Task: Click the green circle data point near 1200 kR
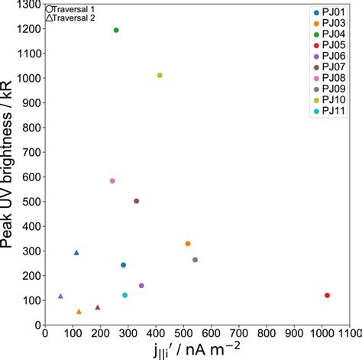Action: click(116, 31)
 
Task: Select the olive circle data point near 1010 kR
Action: click(160, 76)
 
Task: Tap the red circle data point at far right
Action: click(327, 295)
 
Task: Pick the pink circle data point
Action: click(112, 181)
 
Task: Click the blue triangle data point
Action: click(76, 252)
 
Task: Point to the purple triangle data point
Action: click(60, 296)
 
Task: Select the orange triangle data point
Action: click(79, 311)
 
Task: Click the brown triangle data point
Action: click(98, 307)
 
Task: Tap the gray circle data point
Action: click(195, 260)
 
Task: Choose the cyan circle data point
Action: click(124, 295)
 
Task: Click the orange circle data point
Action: click(188, 244)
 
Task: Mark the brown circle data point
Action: click(137, 201)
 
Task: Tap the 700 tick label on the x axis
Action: click(238, 332)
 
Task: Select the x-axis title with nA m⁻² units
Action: click(196, 350)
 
